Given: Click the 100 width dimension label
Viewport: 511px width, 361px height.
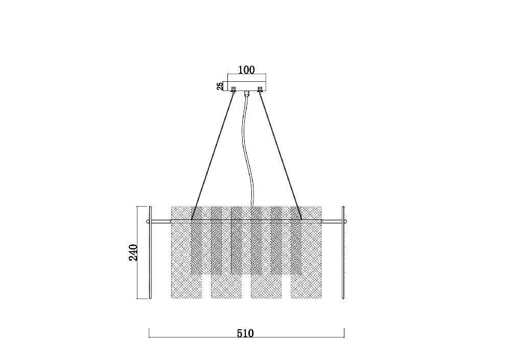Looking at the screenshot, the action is [x=247, y=70].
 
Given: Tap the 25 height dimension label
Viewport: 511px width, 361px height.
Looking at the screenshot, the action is [x=220, y=86].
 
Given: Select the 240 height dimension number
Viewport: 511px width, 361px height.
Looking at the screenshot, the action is [x=133, y=252].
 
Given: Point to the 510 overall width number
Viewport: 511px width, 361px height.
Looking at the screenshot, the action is [x=245, y=333].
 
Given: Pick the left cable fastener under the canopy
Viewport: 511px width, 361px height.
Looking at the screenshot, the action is [x=234, y=89].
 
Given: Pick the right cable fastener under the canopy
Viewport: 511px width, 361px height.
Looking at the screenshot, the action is [x=260, y=89].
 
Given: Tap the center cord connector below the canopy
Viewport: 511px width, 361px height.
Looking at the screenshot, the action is [x=247, y=94].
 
